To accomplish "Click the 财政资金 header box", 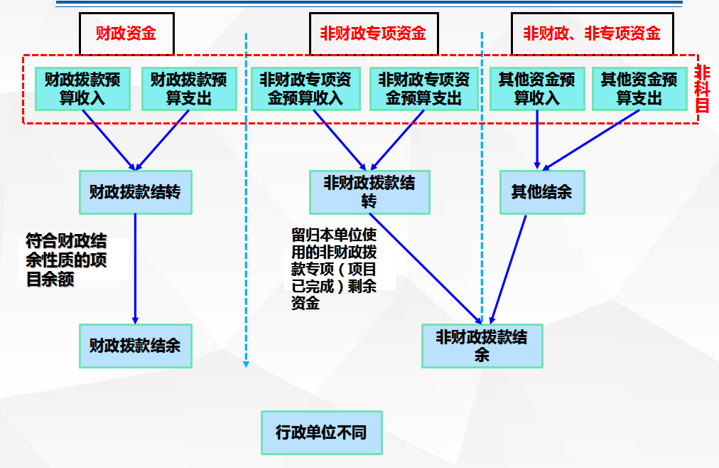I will coord(126,33).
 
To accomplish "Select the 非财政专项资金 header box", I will coord(373,33).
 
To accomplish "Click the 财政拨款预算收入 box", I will coord(82,89).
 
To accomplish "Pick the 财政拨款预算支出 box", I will coord(188,89).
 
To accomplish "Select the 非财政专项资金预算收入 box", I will coord(306,89).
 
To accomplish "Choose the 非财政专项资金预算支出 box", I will coord(423,89).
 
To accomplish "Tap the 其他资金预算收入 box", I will coord(537,89).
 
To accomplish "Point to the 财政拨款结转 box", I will coord(135,192).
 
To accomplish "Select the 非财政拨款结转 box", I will coord(369,192).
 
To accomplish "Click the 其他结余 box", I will coord(542,192).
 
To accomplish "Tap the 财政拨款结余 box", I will coord(135,346).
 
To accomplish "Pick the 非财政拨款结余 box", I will coord(482,346).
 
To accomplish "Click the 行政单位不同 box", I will coord(321,432).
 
